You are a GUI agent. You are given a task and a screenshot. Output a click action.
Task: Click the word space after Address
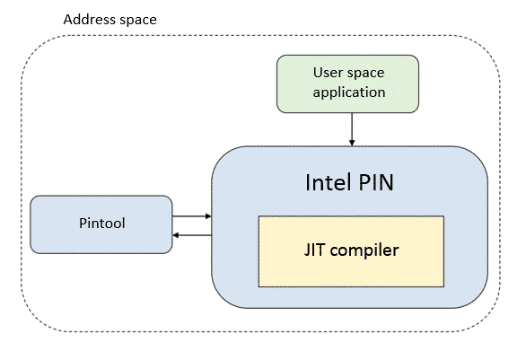(138, 21)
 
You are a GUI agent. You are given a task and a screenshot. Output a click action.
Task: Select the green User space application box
(347, 83)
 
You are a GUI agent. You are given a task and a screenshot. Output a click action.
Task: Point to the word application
(349, 92)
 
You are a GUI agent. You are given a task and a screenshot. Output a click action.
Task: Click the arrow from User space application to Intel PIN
(352, 129)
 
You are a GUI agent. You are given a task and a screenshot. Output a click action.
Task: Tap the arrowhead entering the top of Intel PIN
(352, 143)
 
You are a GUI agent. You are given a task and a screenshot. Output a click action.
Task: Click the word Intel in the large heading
(328, 182)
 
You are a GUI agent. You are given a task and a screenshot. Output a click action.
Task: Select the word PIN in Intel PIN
(376, 183)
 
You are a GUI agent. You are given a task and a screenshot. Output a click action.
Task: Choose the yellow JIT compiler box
(351, 251)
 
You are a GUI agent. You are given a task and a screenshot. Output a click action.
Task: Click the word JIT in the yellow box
(314, 250)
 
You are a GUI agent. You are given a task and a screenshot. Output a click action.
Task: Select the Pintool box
(101, 224)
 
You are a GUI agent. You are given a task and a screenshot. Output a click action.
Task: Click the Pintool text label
(102, 224)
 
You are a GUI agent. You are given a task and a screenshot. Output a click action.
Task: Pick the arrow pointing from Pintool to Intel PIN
(192, 216)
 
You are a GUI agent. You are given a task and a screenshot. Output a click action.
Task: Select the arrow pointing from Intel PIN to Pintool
(192, 235)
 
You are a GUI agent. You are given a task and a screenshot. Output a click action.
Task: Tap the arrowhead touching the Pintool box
(175, 235)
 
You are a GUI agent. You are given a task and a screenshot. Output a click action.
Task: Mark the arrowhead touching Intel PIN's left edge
(208, 216)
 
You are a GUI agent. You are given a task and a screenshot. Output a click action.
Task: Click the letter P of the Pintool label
(83, 224)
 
